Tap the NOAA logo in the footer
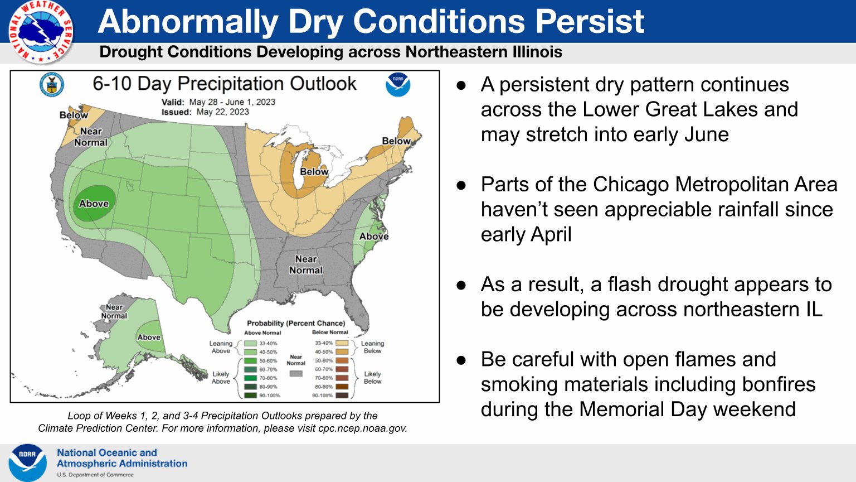28,462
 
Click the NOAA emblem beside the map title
398,85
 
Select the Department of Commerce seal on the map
52,85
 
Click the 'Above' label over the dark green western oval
94,204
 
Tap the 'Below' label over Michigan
314,172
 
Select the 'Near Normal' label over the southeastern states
306,264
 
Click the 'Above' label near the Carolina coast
373,236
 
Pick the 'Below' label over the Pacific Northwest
74,115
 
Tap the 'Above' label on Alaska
149,337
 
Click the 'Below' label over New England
396,141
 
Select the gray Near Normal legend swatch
296,373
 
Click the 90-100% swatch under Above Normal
250,396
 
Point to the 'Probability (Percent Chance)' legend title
296,323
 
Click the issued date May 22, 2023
223,112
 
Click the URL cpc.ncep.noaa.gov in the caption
362,428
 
